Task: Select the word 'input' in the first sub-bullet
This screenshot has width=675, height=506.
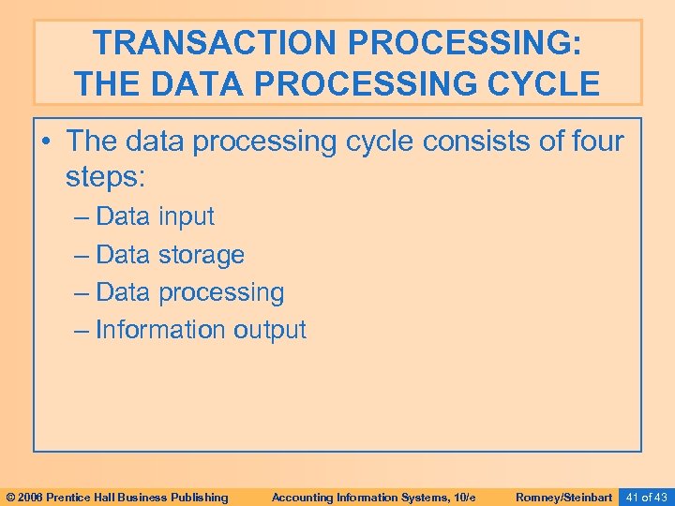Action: [x=186, y=216]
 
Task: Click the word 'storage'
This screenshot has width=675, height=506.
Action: [x=201, y=255]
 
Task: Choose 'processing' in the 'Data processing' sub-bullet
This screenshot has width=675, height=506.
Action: [x=220, y=292]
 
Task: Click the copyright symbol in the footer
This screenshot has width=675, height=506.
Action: [x=10, y=497]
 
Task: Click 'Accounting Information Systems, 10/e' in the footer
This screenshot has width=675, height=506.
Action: [x=373, y=497]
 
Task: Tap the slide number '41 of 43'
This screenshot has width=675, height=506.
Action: [x=647, y=497]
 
